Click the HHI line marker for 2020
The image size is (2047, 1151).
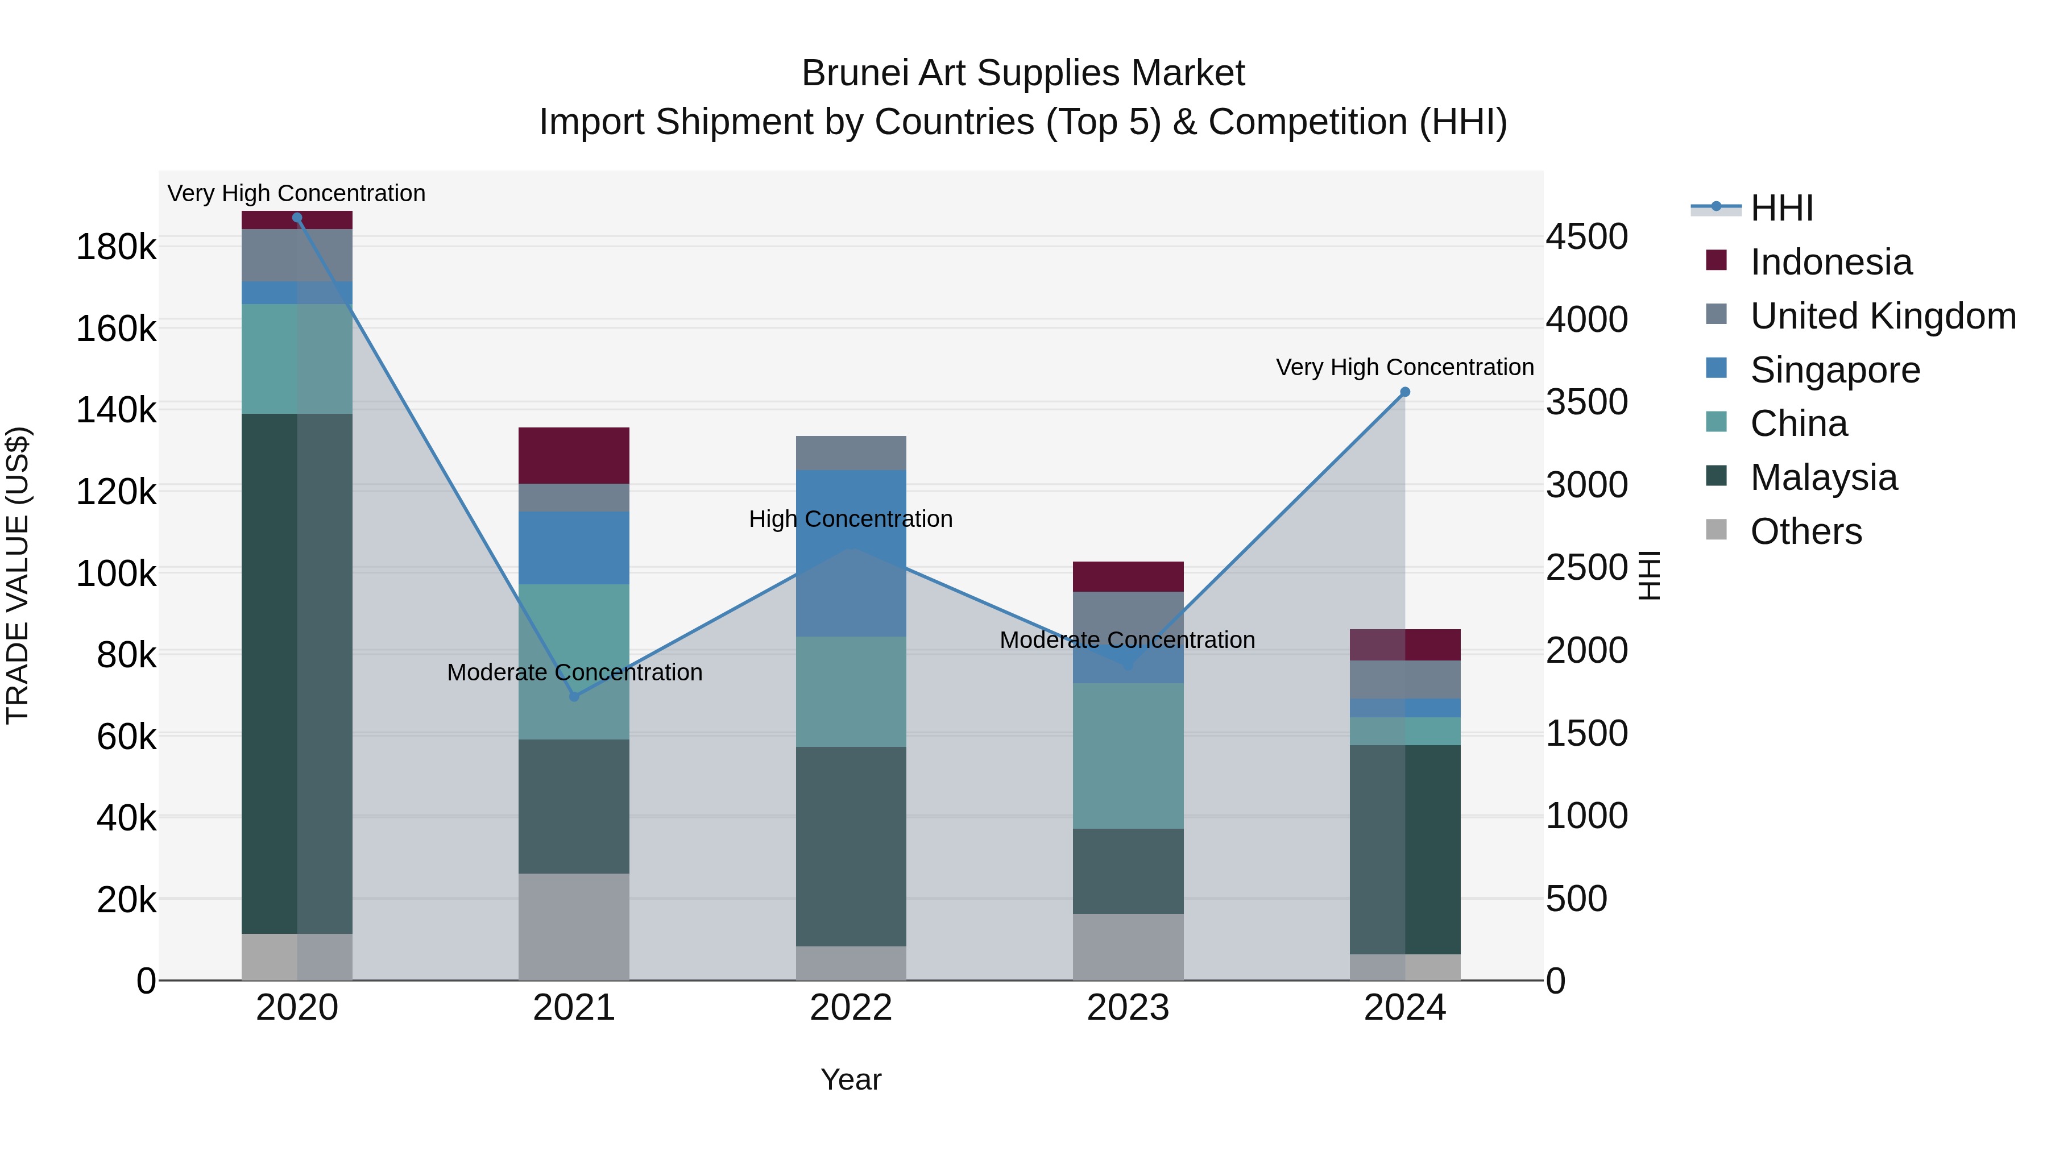pyautogui.click(x=297, y=218)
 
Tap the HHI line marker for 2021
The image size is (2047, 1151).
pyautogui.click(x=574, y=697)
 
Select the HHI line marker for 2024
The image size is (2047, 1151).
pyautogui.click(x=1405, y=392)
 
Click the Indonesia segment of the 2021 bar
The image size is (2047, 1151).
pyautogui.click(x=574, y=455)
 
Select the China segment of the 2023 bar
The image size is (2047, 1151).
pyautogui.click(x=1128, y=755)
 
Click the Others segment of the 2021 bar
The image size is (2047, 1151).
pyautogui.click(x=574, y=926)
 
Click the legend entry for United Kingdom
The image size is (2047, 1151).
pyautogui.click(x=1883, y=316)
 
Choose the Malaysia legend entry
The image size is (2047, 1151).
pyautogui.click(x=1823, y=477)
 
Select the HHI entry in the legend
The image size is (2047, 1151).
pyautogui.click(x=1781, y=208)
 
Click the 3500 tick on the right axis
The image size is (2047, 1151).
pyautogui.click(x=1586, y=402)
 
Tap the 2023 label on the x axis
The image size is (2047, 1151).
pyautogui.click(x=1128, y=1008)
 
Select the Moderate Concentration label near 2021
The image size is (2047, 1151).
pyautogui.click(x=574, y=672)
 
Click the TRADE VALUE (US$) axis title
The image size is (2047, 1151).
pyautogui.click(x=18, y=575)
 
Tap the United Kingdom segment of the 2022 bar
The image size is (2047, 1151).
pyautogui.click(x=851, y=453)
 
